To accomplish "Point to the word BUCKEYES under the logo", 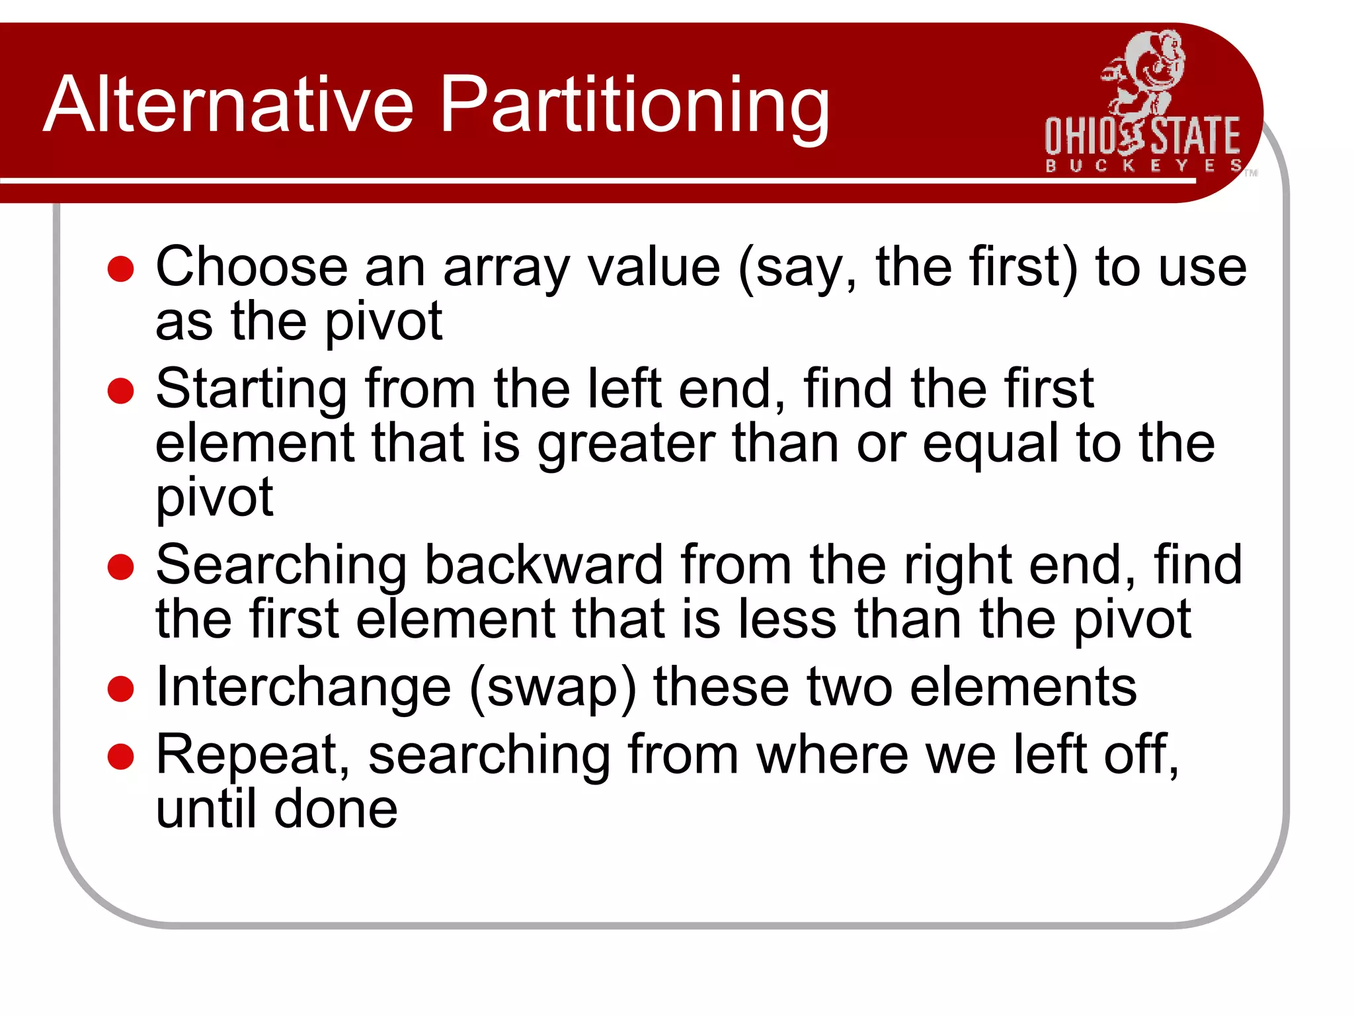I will [x=1143, y=165].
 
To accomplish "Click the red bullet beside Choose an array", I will [x=121, y=269].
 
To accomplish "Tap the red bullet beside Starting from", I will [x=121, y=390].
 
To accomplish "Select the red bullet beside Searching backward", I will [x=121, y=567].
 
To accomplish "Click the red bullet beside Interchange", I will [x=121, y=689].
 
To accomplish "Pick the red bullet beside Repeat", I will [x=121, y=757].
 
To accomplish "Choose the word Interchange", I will [x=303, y=687].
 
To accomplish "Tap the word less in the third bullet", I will [x=787, y=619].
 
